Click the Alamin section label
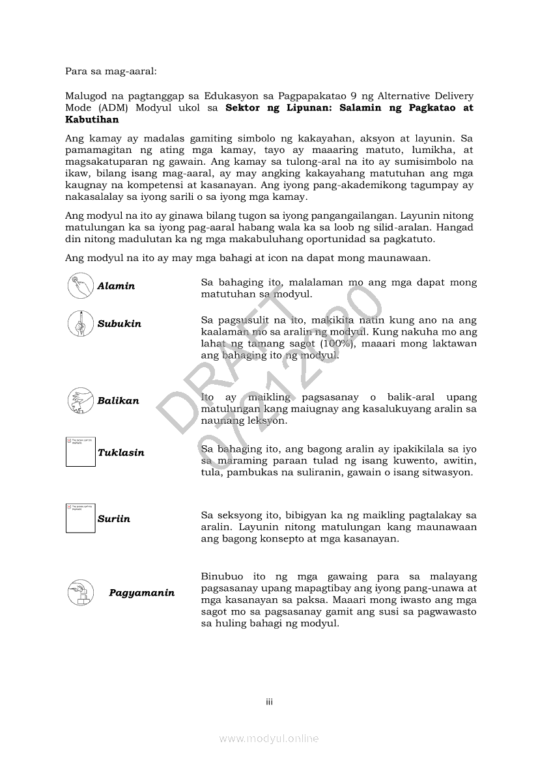click(116, 286)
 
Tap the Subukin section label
click(119, 324)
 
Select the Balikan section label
click(118, 400)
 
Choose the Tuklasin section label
click(120, 452)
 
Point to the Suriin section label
click(114, 519)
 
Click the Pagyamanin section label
click(141, 593)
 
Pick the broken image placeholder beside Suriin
click(80, 518)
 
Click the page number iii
click(269, 702)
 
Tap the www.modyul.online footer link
click(269, 738)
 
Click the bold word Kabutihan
click(92, 120)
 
